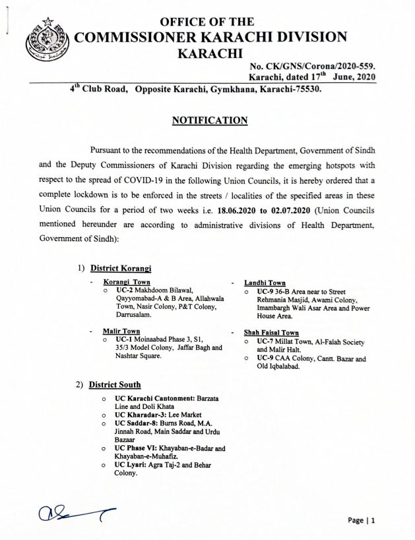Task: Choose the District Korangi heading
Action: (x=121, y=268)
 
